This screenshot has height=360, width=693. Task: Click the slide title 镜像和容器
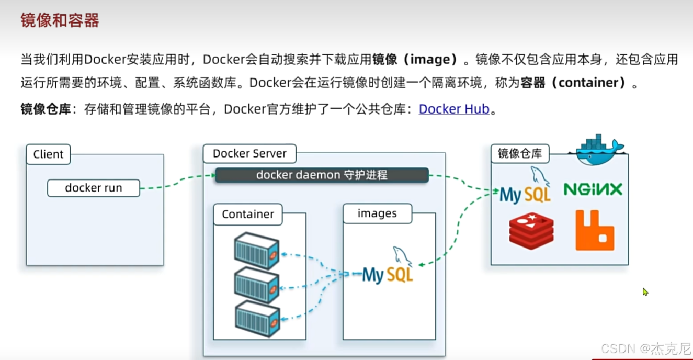pyautogui.click(x=60, y=20)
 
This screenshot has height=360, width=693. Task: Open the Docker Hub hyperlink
pyautogui.click(x=454, y=109)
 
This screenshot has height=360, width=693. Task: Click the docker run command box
pyautogui.click(x=94, y=188)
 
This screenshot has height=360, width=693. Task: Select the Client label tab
pyautogui.click(x=48, y=154)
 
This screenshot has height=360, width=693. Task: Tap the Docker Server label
pyautogui.click(x=249, y=154)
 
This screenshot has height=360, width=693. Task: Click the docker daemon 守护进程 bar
pyautogui.click(x=322, y=175)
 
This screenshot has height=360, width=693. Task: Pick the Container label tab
pyautogui.click(x=248, y=214)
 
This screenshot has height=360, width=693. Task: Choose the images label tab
pyautogui.click(x=377, y=213)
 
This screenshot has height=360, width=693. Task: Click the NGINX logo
pyautogui.click(x=593, y=189)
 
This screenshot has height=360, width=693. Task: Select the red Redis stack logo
pyautogui.click(x=531, y=230)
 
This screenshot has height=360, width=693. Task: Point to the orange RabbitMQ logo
pyautogui.click(x=595, y=230)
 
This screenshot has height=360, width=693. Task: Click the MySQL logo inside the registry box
pyautogui.click(x=525, y=189)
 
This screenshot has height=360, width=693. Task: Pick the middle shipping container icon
pyautogui.click(x=256, y=285)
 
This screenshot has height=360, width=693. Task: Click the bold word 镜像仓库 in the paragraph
pyautogui.click(x=46, y=109)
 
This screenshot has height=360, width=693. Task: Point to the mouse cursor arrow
pyautogui.click(x=645, y=291)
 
